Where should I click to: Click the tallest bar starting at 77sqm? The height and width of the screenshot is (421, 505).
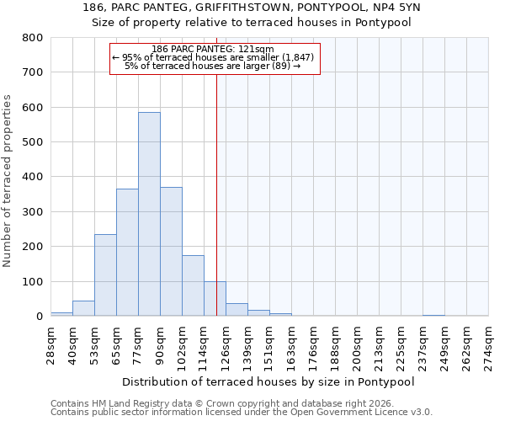point(149,214)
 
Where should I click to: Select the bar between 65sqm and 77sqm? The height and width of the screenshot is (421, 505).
point(127,253)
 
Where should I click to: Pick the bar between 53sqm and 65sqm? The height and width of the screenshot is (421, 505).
point(105,274)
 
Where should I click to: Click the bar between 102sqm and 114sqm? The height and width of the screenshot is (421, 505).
point(193,285)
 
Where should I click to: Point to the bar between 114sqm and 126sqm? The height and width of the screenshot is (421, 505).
point(215,299)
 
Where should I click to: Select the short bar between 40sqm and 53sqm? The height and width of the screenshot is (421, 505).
point(83,308)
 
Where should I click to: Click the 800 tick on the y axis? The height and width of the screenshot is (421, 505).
point(33,38)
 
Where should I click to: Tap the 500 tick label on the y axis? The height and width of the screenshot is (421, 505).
point(33,142)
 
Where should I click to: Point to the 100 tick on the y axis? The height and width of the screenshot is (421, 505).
point(33,281)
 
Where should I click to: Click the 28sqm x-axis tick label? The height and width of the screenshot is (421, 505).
point(56,344)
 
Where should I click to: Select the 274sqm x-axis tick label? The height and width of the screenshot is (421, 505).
point(493,344)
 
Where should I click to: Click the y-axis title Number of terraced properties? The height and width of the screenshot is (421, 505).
point(8,180)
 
